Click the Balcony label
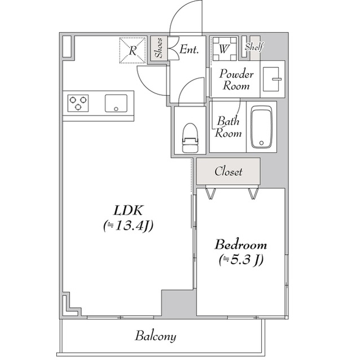click(156, 336)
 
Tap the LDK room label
click(128, 210)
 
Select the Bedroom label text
click(241, 245)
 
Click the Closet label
click(228, 171)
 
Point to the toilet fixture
click(190, 137)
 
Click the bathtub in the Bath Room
click(262, 127)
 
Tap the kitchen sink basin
click(116, 103)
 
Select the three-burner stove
click(78, 103)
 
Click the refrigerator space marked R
click(133, 50)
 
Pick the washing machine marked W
click(224, 48)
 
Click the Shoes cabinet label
click(159, 48)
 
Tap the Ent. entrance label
click(189, 49)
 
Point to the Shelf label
click(254, 47)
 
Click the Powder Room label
click(236, 80)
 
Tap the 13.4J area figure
click(128, 226)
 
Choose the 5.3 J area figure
click(241, 260)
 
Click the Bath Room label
click(228, 127)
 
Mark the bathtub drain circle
click(261, 143)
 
